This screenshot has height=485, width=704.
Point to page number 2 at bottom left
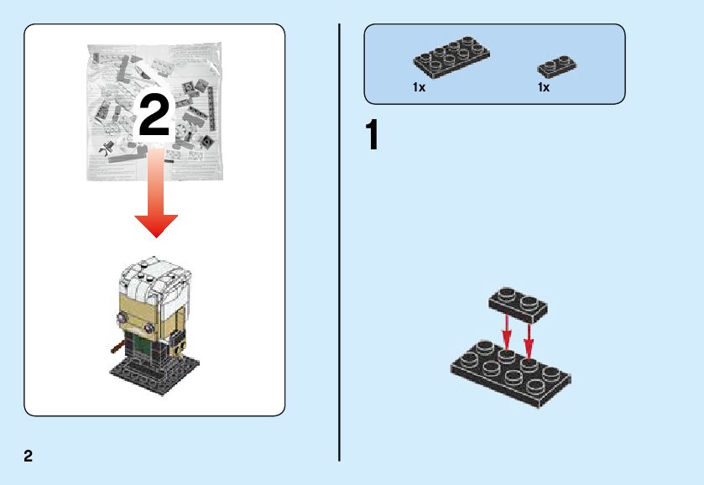click(29, 456)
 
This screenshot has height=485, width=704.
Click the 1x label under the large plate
click(419, 87)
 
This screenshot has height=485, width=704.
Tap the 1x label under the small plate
click(544, 87)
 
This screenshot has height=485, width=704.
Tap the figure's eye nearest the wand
click(123, 318)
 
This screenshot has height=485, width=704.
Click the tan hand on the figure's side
click(179, 343)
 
